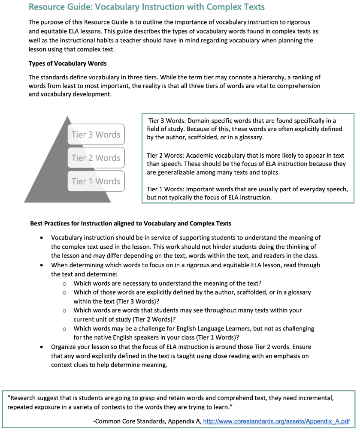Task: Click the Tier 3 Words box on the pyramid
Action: (96, 135)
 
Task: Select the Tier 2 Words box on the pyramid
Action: (96, 158)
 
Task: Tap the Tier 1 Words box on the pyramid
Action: (96, 181)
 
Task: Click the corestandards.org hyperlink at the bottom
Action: (276, 421)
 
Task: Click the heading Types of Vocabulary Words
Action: (68, 63)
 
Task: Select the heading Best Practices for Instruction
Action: (130, 223)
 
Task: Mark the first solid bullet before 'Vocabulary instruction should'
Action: (41, 238)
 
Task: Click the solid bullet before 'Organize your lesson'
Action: (41, 347)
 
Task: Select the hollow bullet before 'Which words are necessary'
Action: (64, 283)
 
